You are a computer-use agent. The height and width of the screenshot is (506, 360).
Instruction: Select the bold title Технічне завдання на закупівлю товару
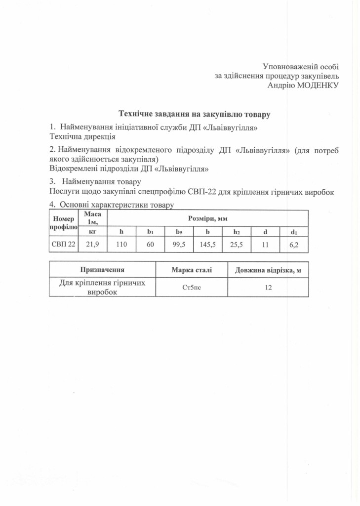[x=194, y=114]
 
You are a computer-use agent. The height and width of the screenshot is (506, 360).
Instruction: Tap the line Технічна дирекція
[x=82, y=135]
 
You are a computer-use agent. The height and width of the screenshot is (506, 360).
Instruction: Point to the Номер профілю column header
[x=63, y=223]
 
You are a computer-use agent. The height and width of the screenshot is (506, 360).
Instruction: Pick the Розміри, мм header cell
[x=207, y=218]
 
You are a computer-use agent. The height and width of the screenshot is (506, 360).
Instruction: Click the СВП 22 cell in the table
[x=63, y=244]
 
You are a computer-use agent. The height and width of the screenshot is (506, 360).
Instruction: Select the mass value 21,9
[x=92, y=244]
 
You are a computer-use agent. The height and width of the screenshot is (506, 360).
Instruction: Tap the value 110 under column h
[x=121, y=244]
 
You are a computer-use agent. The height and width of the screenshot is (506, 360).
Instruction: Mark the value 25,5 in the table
[x=237, y=244]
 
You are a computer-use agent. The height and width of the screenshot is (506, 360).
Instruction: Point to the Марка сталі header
[x=192, y=269]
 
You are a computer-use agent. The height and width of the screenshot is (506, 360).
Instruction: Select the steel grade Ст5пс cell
[x=192, y=288]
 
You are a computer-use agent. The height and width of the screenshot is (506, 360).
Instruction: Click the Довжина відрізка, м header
[x=268, y=269]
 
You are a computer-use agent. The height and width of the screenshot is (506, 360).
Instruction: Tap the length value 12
[x=268, y=288]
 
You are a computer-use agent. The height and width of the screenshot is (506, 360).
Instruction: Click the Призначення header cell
[x=102, y=269]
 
